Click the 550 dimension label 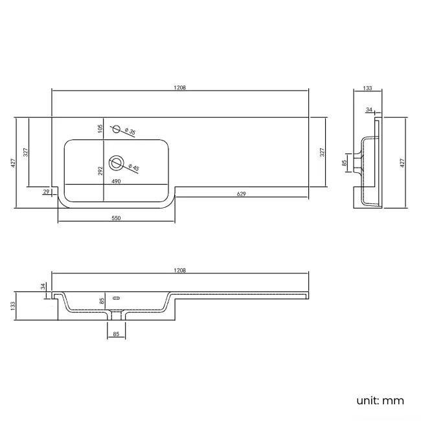pos(116,218)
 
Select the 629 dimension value pos(241,194)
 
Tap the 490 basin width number pos(117,182)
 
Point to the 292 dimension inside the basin pos(100,171)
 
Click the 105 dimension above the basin pos(100,128)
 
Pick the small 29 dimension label pos(46,192)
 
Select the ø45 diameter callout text pos(135,168)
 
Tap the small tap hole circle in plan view pos(117,129)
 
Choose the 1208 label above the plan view pos(180,87)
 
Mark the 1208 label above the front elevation pos(180,269)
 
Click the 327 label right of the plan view pos(323,153)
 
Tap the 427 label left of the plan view pos(12,163)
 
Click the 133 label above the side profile pos(367,87)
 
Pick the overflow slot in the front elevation pos(117,299)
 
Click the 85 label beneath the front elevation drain pos(116,334)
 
